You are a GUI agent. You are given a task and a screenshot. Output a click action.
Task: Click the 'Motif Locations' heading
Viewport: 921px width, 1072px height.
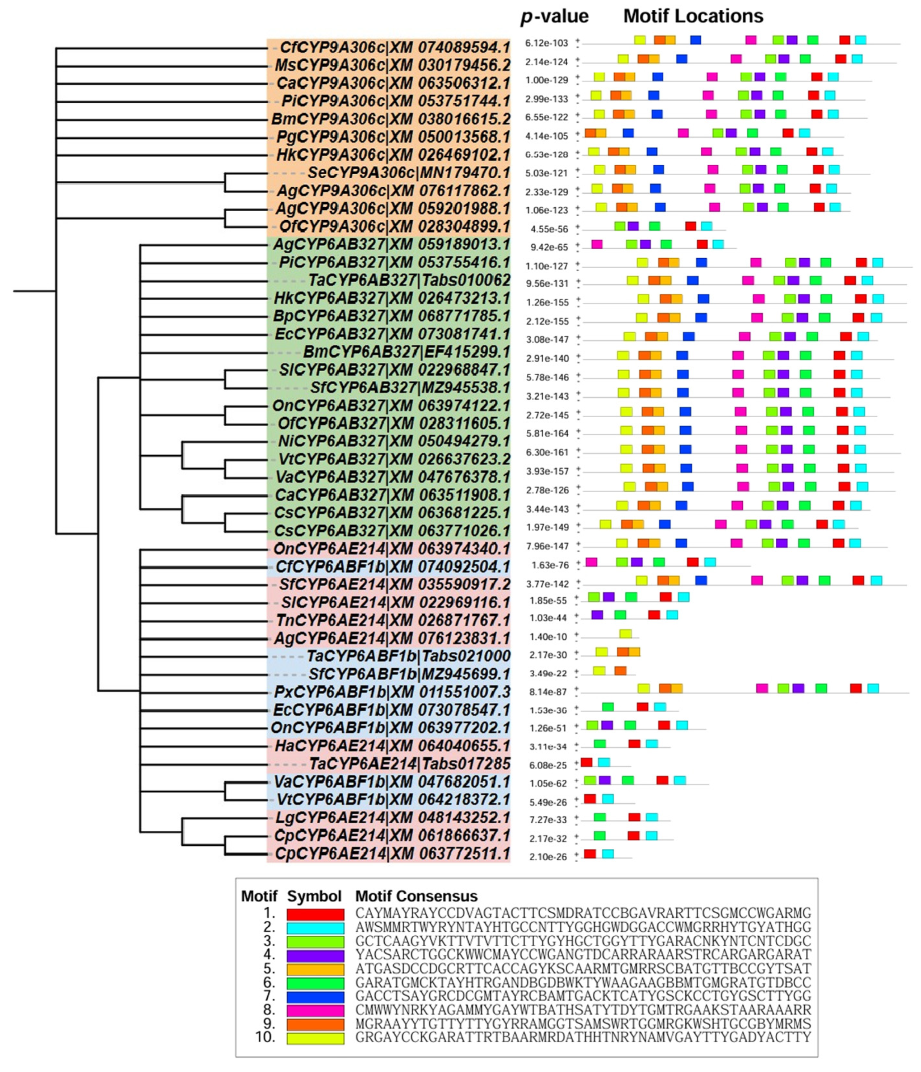(x=693, y=16)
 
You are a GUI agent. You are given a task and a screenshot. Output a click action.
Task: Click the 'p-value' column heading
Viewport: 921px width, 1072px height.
(x=554, y=17)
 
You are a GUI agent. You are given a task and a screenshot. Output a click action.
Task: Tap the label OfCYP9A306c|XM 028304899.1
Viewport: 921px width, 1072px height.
(x=394, y=227)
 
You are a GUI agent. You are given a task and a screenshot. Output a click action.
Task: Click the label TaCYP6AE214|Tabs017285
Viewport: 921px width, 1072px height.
(x=410, y=764)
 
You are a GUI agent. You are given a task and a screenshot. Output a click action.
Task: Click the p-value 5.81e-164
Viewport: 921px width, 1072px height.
(x=547, y=433)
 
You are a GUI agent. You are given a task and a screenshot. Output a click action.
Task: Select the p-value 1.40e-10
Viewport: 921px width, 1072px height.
(x=549, y=637)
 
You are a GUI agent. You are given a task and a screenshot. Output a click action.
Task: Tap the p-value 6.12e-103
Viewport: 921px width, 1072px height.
(x=546, y=43)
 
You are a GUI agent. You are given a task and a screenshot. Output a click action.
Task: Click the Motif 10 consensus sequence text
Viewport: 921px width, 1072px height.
(x=583, y=1037)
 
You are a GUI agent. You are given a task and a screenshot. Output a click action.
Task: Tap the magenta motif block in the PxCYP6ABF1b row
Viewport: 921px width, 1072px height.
(x=762, y=688)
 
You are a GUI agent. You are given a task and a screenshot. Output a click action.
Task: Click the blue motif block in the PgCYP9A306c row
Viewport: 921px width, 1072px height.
(x=628, y=133)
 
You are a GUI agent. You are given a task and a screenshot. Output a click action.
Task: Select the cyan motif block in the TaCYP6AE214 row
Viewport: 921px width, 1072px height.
(x=604, y=762)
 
